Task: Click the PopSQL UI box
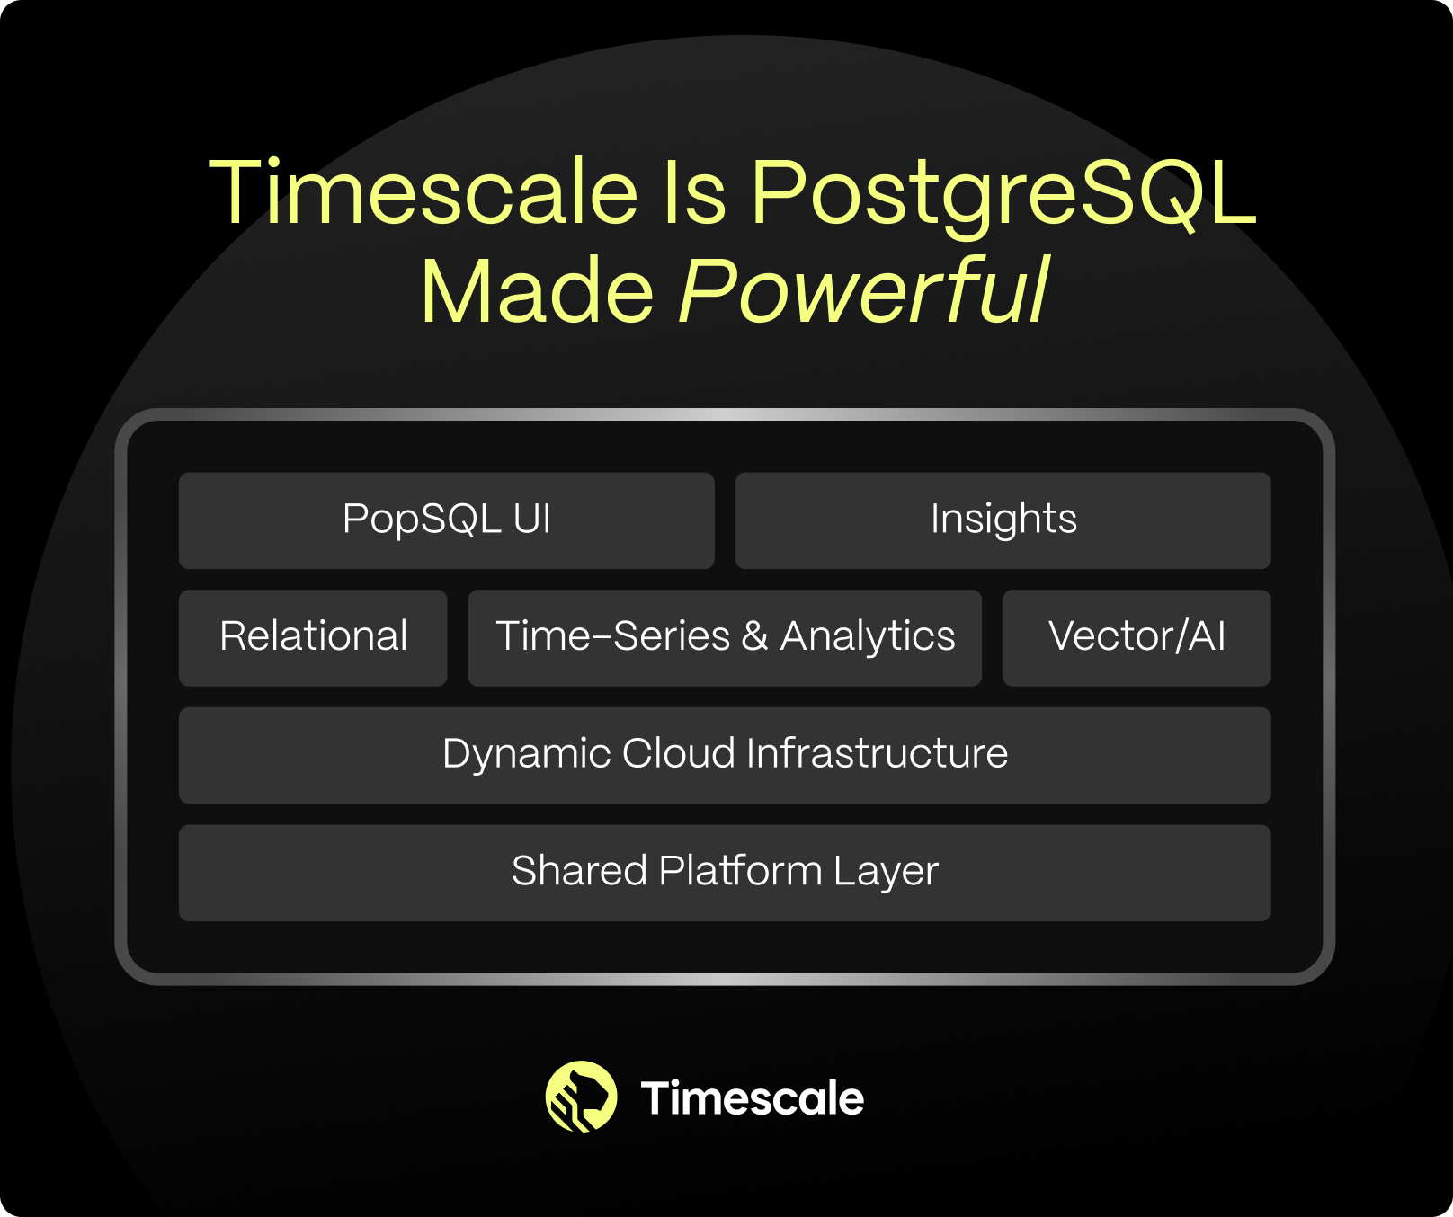click(x=447, y=520)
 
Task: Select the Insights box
click(x=1003, y=520)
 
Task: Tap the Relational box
click(x=313, y=638)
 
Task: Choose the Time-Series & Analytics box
click(x=725, y=638)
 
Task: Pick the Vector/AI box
click(x=1137, y=638)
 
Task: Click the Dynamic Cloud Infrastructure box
click(x=725, y=756)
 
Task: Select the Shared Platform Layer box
click(x=725, y=873)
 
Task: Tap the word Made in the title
click(x=538, y=291)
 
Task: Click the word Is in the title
click(x=694, y=191)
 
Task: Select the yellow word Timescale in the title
click(x=423, y=191)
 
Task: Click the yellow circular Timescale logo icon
click(x=582, y=1097)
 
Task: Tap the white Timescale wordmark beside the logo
click(x=752, y=1098)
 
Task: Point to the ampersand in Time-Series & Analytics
click(x=755, y=636)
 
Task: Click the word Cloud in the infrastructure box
click(x=679, y=753)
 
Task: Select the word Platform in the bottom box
click(x=741, y=870)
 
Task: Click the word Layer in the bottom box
click(x=886, y=873)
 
